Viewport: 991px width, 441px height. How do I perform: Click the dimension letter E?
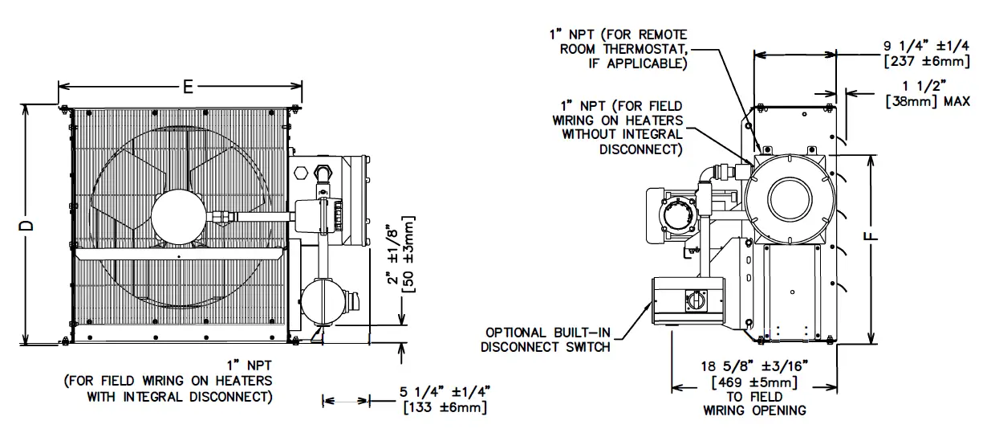click(x=188, y=88)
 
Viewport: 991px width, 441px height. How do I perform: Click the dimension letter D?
click(x=27, y=226)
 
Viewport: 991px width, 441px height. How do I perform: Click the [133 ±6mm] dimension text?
click(x=443, y=408)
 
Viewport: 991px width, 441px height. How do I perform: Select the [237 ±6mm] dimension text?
click(x=926, y=62)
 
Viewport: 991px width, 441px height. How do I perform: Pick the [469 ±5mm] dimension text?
click(x=754, y=382)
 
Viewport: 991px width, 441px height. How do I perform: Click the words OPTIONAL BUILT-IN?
click(x=547, y=332)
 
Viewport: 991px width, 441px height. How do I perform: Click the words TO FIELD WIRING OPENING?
click(x=754, y=403)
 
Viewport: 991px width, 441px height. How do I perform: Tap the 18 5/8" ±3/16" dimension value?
click(x=754, y=367)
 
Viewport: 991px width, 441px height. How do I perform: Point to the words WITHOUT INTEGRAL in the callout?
click(x=622, y=134)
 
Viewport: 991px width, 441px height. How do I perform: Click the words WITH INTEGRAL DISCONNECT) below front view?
click(x=179, y=396)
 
